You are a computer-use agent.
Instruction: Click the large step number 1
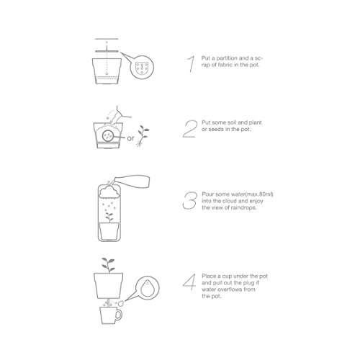(x=191, y=64)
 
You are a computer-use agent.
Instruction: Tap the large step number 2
(x=190, y=129)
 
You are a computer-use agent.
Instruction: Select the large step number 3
(x=189, y=200)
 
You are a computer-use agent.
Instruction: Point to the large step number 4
(x=189, y=282)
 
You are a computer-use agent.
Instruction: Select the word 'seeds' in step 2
(x=216, y=129)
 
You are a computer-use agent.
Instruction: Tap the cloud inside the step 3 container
(x=109, y=192)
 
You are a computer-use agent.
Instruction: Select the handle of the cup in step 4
(x=119, y=315)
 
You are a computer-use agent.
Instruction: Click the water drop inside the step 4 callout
(x=145, y=287)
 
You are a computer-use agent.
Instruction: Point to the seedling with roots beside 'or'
(x=143, y=136)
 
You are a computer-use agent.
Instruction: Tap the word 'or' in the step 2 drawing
(x=130, y=138)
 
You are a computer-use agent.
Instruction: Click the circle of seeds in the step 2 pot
(x=107, y=136)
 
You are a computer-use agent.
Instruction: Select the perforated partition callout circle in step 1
(x=142, y=67)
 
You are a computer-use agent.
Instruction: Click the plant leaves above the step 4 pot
(x=108, y=265)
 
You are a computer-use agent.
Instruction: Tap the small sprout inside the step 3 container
(x=109, y=217)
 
